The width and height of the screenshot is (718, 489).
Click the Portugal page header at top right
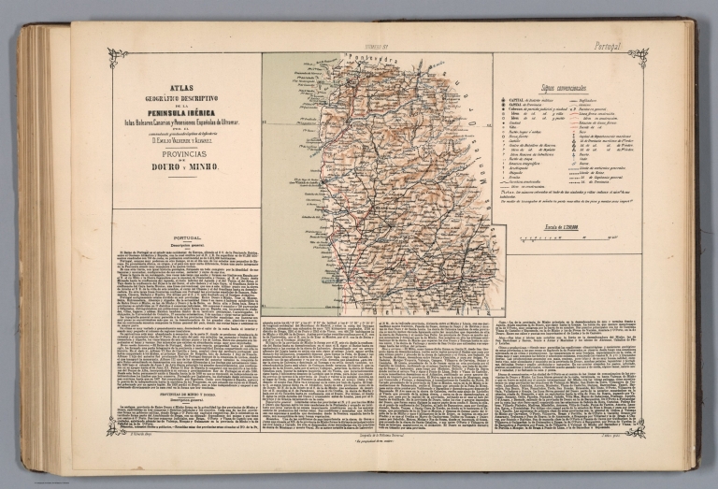pos(608,44)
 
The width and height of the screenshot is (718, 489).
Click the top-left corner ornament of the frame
pos(117,56)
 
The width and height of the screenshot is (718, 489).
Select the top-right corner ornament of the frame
pos(638,56)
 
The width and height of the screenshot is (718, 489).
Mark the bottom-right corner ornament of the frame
pos(638,427)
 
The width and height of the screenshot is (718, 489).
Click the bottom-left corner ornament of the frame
pos(117,427)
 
